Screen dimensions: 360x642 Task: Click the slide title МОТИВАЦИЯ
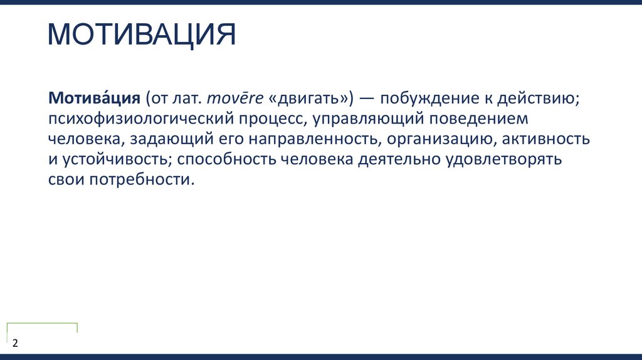coord(142,36)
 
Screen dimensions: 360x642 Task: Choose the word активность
coord(545,139)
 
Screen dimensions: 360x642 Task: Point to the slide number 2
coord(15,344)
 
